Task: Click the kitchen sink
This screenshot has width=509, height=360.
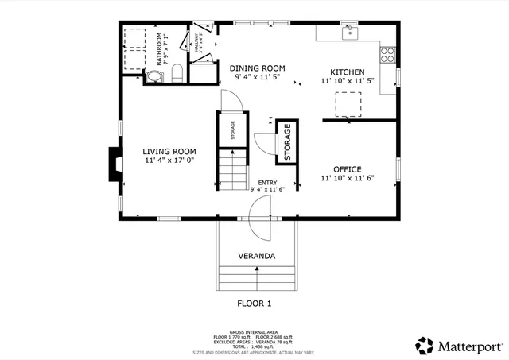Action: (x=348, y=33)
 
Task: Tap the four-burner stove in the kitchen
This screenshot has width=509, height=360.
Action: (x=387, y=55)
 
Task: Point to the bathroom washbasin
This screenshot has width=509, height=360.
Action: (x=153, y=77)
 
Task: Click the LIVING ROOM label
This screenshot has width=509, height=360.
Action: (x=169, y=151)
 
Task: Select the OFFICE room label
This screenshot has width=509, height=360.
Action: (x=348, y=169)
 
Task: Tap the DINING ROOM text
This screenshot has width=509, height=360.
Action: (x=257, y=68)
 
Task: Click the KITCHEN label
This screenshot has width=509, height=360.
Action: (x=348, y=72)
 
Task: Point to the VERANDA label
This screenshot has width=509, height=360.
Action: (x=256, y=256)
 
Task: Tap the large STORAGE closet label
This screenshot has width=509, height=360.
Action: (x=287, y=142)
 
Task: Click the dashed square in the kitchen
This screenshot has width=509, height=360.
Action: (x=348, y=104)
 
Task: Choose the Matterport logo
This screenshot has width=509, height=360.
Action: (x=459, y=346)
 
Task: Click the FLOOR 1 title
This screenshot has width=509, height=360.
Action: (x=254, y=304)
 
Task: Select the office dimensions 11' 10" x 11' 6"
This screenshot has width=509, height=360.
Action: (x=348, y=179)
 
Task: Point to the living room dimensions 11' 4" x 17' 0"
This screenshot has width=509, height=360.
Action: (x=169, y=161)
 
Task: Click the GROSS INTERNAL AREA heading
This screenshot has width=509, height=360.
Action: (x=254, y=331)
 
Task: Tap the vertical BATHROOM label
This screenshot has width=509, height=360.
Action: (x=159, y=49)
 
